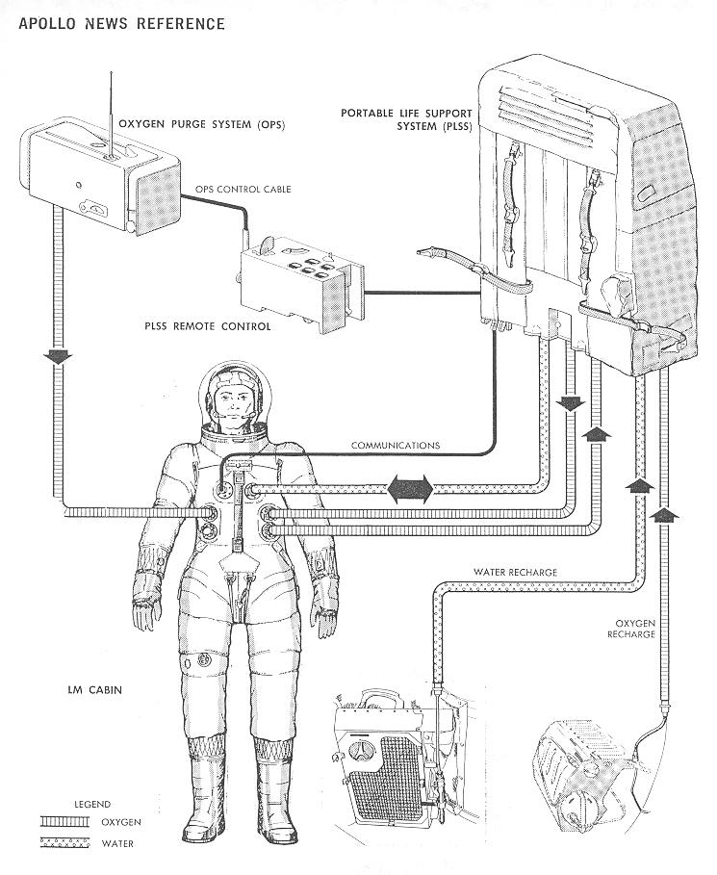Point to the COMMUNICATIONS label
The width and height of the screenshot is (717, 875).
coord(396,446)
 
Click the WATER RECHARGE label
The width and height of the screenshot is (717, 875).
coord(515,572)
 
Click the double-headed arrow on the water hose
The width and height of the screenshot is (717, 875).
coord(410,490)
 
